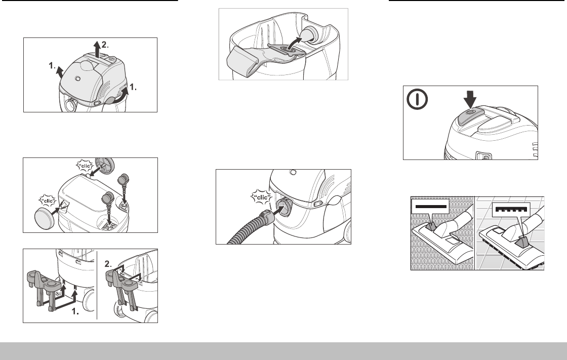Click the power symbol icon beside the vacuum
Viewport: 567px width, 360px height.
click(x=417, y=99)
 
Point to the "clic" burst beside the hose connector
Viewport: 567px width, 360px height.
click(x=261, y=197)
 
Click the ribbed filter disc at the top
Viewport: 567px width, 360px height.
click(x=104, y=166)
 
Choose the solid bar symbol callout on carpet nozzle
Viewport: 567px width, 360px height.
click(x=430, y=207)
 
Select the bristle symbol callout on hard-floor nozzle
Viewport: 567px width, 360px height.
click(x=511, y=210)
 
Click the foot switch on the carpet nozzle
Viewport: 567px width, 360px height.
click(x=431, y=226)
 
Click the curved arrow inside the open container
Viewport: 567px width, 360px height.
click(x=294, y=42)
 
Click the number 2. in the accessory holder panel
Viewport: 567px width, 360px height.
click(x=108, y=264)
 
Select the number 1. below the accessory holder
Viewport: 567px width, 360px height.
click(x=75, y=311)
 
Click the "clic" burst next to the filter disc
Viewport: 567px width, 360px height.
click(x=85, y=166)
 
